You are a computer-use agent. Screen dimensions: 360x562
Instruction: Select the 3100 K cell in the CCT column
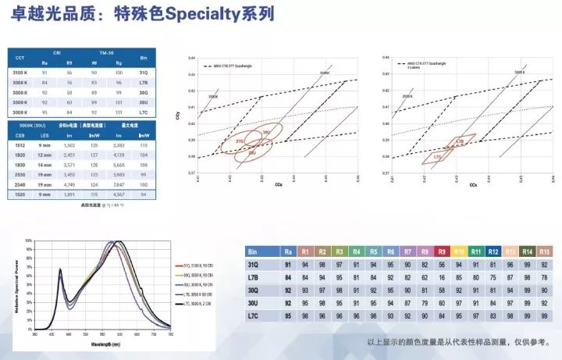pyautogui.click(x=20, y=72)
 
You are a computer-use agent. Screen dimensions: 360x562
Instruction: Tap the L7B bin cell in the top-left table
pyautogui.click(x=143, y=82)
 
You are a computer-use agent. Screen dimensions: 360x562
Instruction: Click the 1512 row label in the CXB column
pyautogui.click(x=20, y=145)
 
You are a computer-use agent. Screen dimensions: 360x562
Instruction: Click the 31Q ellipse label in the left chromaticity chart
pyautogui.click(x=240, y=141)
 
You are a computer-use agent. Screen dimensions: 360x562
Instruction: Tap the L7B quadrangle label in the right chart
pyautogui.click(x=460, y=142)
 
